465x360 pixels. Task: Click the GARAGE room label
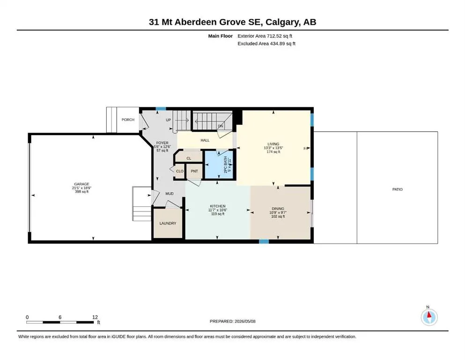point(81,184)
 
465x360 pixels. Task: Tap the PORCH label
point(128,120)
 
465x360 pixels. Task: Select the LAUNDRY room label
point(168,223)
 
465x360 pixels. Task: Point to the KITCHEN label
point(218,206)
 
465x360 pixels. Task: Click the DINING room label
point(278,209)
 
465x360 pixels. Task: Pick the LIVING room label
point(273,144)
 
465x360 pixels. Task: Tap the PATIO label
point(398,189)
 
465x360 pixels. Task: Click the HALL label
point(205,140)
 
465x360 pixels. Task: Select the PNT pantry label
point(194,171)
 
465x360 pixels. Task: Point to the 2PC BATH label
point(225,165)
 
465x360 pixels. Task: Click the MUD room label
point(170,194)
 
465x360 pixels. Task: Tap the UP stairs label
point(168,120)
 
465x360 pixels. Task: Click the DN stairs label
point(221,126)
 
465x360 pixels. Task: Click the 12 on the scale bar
point(95,317)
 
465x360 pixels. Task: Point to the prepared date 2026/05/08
point(245,321)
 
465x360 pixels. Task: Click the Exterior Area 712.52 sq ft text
point(265,36)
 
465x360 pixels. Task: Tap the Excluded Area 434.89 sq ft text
point(266,43)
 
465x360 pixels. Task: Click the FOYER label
point(162,143)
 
